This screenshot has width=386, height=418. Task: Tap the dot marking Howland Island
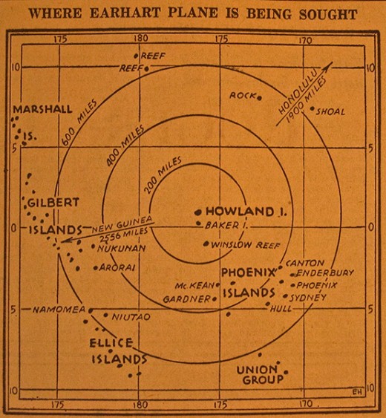pos(199,211)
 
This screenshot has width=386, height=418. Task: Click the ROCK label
pos(242,96)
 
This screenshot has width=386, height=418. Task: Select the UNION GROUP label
pos(261,374)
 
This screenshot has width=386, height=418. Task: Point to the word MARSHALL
pos(42,110)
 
